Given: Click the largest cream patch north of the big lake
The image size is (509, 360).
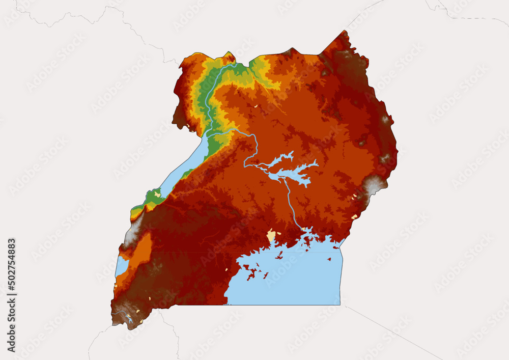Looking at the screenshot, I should pyautogui.click(x=271, y=236).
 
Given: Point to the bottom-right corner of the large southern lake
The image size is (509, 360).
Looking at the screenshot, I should pyautogui.click(x=340, y=304).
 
